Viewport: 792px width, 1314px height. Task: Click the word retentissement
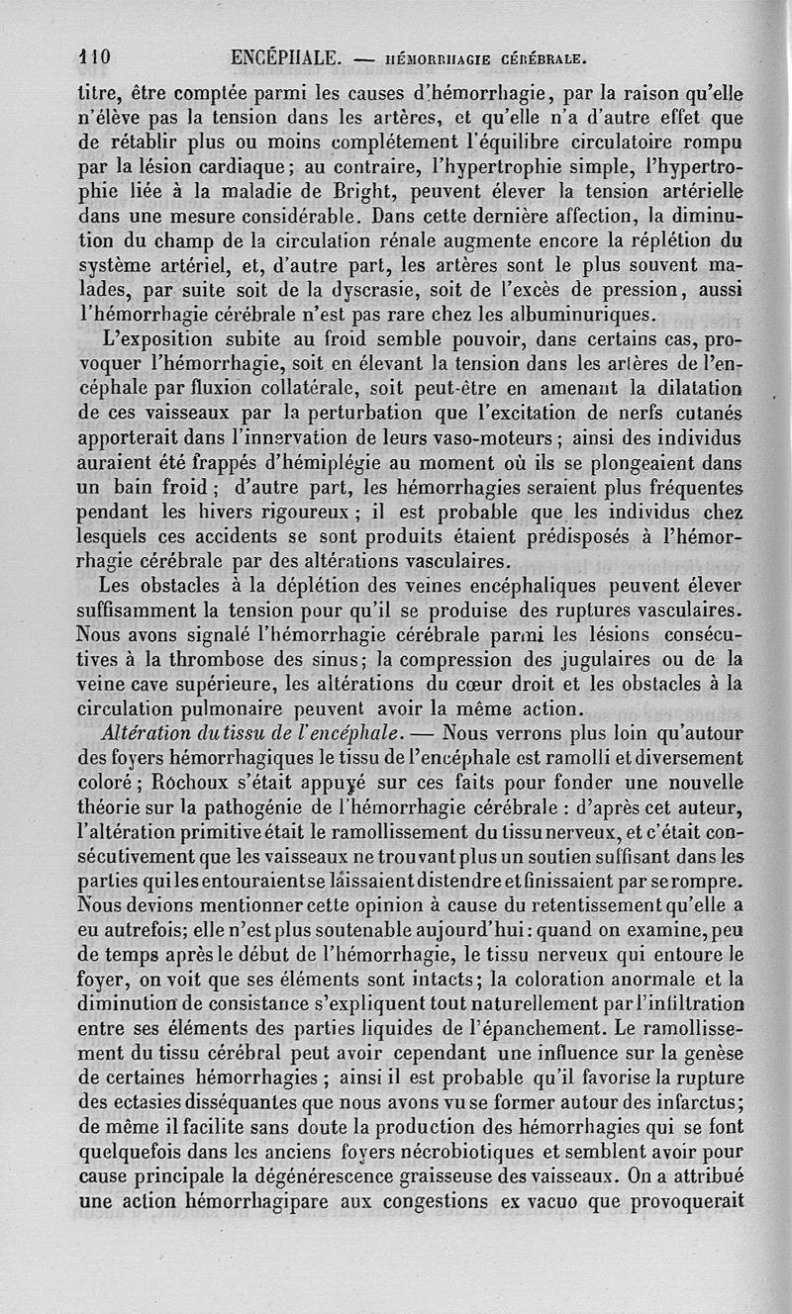(x=569, y=903)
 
